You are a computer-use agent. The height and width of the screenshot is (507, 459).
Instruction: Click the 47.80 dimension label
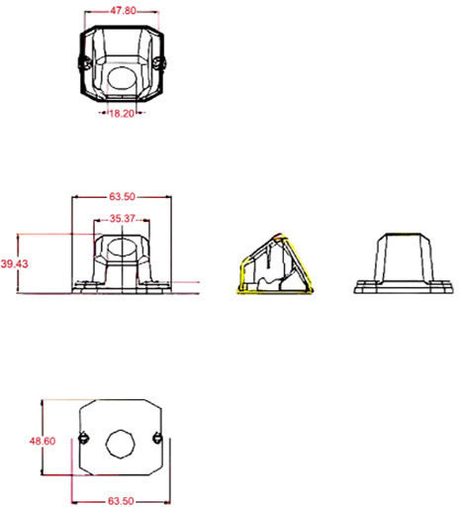(x=123, y=11)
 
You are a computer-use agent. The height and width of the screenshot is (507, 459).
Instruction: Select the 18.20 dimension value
(x=122, y=114)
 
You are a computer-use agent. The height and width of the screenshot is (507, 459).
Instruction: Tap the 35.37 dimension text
(x=123, y=219)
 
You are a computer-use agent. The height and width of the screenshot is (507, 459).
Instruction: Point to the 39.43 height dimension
(x=14, y=263)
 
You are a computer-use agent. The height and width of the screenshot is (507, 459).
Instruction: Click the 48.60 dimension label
(x=43, y=441)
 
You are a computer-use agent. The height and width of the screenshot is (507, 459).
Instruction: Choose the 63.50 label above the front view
(x=123, y=197)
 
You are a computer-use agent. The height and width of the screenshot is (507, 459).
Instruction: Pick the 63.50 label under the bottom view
(x=121, y=501)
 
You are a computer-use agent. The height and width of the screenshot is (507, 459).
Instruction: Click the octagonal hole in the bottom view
(x=121, y=444)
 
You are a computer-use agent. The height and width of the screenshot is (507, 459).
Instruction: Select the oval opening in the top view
(x=122, y=78)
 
